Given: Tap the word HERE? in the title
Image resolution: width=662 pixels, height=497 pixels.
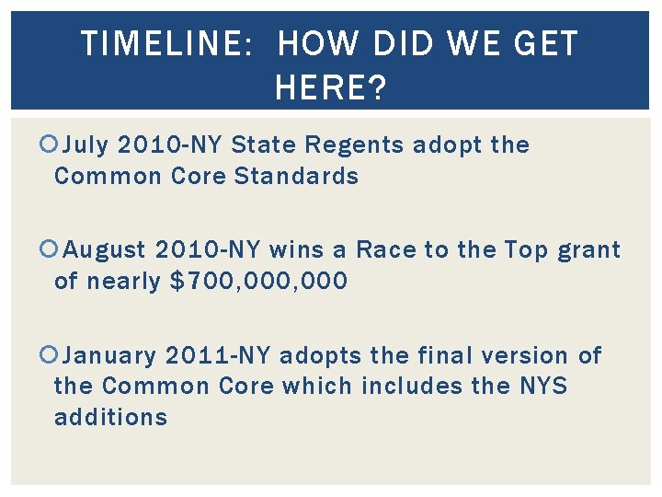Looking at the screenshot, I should tap(331, 88).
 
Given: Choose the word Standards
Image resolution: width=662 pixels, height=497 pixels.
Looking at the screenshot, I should tap(297, 176).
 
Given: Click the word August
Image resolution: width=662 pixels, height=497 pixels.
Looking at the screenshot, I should tap(107, 250).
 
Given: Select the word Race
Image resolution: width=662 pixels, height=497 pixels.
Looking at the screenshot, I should tap(385, 250).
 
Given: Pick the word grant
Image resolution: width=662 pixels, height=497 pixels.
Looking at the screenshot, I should tap(589, 250).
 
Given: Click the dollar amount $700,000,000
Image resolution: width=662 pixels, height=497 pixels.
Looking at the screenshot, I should tap(260, 281).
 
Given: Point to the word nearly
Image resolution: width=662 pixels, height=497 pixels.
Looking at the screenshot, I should tap(126, 281).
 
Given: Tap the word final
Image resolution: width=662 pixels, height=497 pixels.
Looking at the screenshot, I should tap(440, 355).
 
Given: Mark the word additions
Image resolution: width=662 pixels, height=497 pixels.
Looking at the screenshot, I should tap(111, 417).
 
